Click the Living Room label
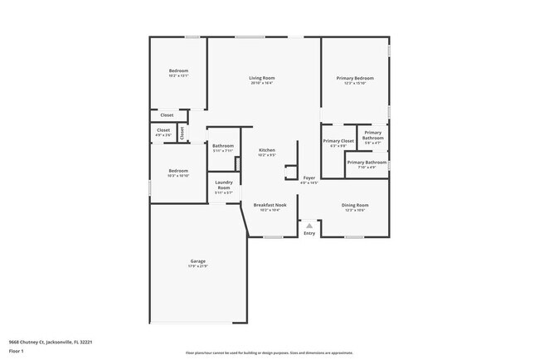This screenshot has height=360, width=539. pos(261,78)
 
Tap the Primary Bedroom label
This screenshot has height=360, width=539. pos(355,78)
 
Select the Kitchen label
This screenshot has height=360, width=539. pos(266,150)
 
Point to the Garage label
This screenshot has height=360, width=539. pos(197,261)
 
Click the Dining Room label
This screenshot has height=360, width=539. pos(355,205)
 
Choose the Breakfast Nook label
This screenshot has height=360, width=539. pos(269,205)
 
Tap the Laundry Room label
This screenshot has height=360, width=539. pos(224,185)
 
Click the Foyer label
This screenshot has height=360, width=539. pos(308,178)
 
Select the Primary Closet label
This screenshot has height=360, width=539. pos(338,141)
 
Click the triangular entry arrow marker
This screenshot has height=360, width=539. pos(309,225)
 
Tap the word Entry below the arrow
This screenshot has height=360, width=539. pos(309,233)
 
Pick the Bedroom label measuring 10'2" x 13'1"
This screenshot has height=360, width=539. pos(179,71)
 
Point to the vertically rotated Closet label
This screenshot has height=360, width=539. pos(182,132)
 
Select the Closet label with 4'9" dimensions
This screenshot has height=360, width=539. pos(163,130)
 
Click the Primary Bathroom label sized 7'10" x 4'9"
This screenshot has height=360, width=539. pos(362,163)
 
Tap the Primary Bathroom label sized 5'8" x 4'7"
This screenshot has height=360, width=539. pos(373,135)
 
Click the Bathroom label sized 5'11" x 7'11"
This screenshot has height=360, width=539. pos(223,146)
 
